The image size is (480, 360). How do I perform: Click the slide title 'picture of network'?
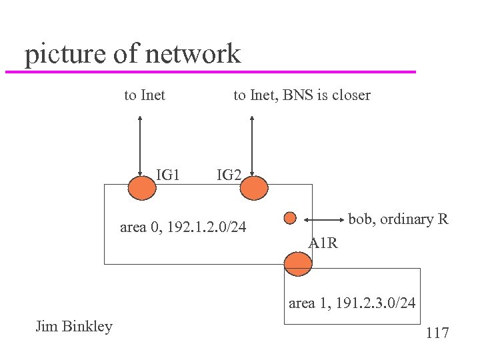132,53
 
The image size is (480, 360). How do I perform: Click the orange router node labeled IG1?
141,187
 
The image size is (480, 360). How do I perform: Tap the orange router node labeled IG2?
253,187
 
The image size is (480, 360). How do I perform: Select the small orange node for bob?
290,218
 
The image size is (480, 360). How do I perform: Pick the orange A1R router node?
297,264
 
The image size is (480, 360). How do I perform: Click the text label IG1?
168,175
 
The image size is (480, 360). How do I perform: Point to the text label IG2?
229,175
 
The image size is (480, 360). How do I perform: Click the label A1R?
323,243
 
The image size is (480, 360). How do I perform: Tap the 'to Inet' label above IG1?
145,95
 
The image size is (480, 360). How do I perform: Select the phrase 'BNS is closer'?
327,95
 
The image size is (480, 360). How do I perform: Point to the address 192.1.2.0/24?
206,228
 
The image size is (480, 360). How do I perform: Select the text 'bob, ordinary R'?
398,219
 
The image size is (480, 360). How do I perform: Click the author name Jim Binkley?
73,326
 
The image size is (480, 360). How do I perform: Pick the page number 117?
437,333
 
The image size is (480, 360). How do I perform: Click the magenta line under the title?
210,71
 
